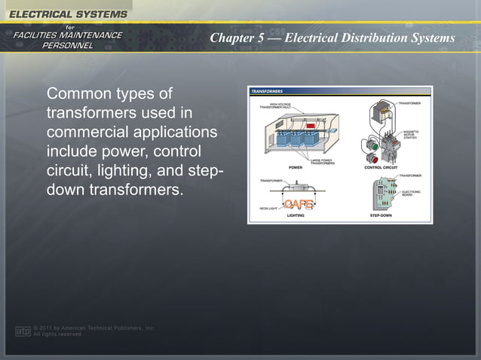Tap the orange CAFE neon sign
297,204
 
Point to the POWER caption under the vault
296,167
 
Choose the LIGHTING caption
296,215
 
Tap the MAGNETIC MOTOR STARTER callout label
411,135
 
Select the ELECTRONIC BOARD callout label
412,193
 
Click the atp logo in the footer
23,331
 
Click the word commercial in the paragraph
80,133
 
